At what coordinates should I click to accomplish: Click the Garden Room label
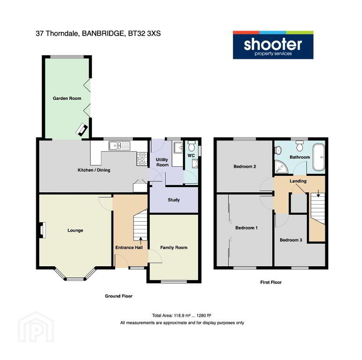pos(67,98)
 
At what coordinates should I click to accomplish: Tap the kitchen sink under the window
pos(119,146)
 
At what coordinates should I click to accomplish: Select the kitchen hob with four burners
pos(142,159)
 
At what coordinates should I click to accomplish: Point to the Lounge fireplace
pos(42,230)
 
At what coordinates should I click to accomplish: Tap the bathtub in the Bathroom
pos(318,157)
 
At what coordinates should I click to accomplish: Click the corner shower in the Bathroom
pos(281,167)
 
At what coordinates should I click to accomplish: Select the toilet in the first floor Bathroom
pos(300,146)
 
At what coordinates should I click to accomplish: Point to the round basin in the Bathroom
pos(278,150)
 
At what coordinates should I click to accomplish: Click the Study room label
pos(174,200)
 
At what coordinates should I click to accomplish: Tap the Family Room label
pos(174,247)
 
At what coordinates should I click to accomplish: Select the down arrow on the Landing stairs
pos(318,194)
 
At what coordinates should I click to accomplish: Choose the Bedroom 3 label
pos(291,240)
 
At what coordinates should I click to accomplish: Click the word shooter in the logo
pos(273,44)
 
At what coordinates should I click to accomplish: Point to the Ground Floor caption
pos(118,296)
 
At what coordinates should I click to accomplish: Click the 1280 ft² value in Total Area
pos(204,315)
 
